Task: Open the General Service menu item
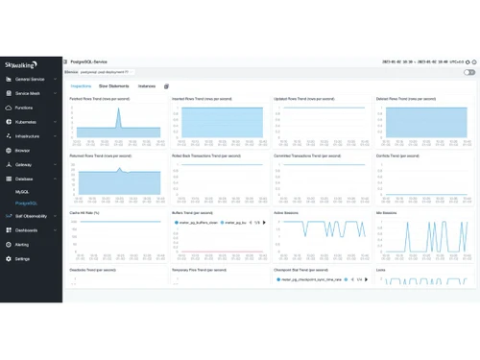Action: click(30, 79)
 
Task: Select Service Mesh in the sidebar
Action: click(28, 93)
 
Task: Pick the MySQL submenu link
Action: click(22, 193)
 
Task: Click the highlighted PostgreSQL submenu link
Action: click(26, 204)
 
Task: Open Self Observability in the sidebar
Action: click(32, 216)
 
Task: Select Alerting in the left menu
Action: click(22, 245)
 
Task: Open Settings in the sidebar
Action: click(22, 259)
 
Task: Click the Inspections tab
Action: click(81, 85)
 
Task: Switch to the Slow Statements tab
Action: click(115, 85)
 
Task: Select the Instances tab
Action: click(146, 85)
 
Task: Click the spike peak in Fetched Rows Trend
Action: click(118, 108)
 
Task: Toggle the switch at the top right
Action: click(469, 72)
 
